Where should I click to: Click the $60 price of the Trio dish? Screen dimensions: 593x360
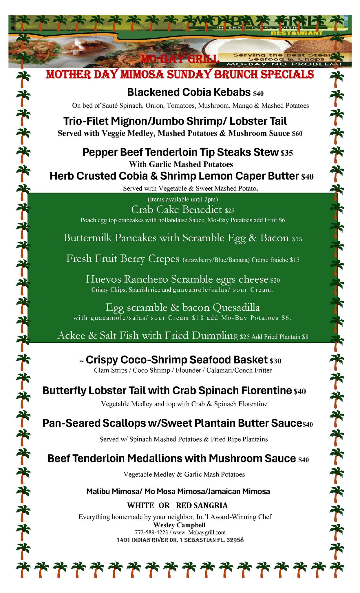click(x=297, y=134)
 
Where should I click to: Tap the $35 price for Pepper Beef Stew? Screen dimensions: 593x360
click(x=287, y=153)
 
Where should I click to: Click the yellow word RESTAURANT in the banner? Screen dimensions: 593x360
click(x=297, y=33)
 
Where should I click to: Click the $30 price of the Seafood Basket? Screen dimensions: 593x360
click(x=275, y=361)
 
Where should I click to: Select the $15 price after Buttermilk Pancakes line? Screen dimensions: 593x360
click(x=297, y=239)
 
